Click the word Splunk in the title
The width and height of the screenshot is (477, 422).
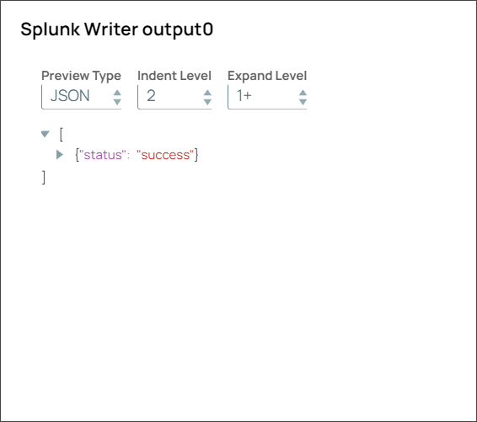click(x=50, y=29)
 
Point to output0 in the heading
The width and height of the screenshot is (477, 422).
click(x=180, y=29)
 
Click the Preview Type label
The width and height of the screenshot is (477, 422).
click(x=81, y=76)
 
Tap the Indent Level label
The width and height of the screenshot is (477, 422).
click(x=174, y=76)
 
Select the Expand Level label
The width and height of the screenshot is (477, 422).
click(x=267, y=76)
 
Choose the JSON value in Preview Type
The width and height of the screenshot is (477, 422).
click(x=70, y=96)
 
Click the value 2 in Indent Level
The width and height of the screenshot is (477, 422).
click(x=151, y=96)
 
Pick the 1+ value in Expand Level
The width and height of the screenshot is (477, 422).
click(x=244, y=96)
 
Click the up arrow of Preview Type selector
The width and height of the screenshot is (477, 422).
click(x=117, y=92)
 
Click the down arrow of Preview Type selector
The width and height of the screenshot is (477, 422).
click(x=117, y=101)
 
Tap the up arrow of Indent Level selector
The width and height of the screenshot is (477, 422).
click(x=207, y=92)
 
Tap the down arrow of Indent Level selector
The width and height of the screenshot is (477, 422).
click(x=207, y=101)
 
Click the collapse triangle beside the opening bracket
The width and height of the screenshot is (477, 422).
click(x=46, y=134)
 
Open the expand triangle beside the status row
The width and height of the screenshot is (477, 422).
click(x=60, y=155)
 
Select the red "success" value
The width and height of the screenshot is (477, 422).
click(x=165, y=155)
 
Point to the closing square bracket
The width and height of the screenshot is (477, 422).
click(x=44, y=177)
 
